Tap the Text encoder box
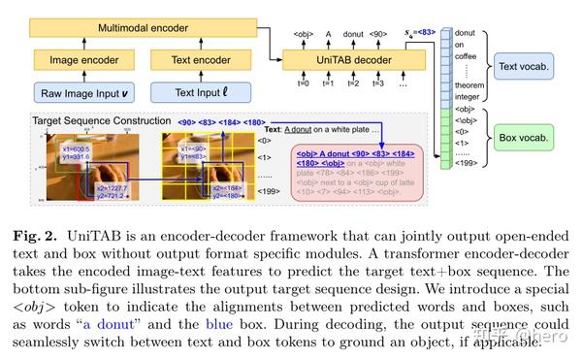click(x=197, y=60)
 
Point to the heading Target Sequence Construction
click(x=97, y=120)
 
